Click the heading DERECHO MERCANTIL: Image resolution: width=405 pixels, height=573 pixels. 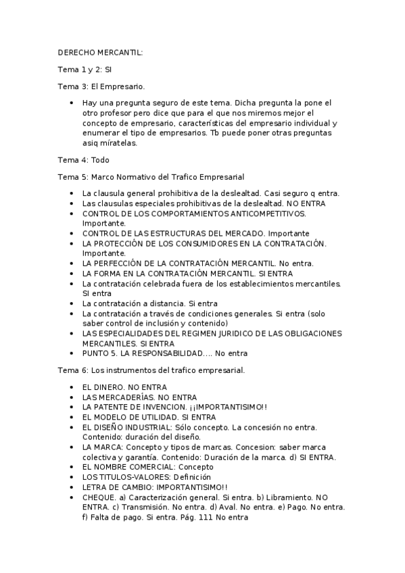(100, 52)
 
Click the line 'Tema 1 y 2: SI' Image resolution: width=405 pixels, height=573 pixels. (84, 69)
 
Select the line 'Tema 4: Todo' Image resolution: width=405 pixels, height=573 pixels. (83, 160)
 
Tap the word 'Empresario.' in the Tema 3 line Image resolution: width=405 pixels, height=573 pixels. (124, 86)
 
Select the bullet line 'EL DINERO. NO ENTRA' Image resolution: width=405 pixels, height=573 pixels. (124, 387)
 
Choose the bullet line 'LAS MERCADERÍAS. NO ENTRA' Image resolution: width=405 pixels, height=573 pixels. (135, 397)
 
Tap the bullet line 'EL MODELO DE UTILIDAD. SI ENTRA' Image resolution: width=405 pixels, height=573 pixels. (149, 418)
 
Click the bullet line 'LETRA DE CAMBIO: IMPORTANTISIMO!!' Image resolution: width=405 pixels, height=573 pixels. (154, 487)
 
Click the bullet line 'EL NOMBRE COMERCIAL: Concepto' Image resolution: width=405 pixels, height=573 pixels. (147, 467)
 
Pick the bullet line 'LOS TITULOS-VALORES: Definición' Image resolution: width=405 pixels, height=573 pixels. (147, 477)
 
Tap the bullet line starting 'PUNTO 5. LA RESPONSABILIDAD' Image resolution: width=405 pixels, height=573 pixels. (165, 353)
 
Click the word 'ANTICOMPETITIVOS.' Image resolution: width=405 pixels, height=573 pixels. (269, 213)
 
